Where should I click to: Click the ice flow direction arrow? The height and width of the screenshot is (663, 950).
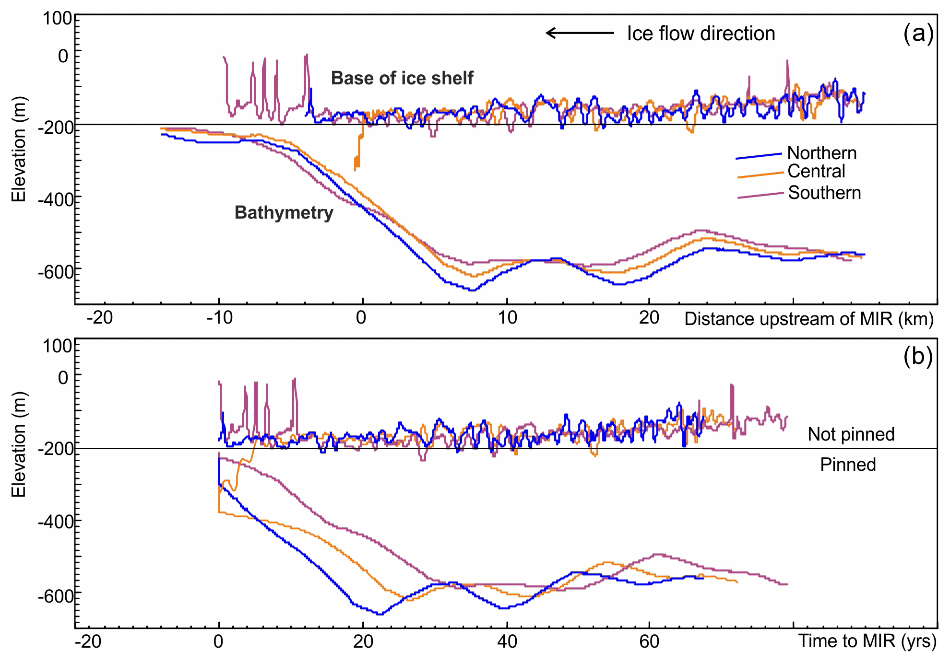(x=580, y=33)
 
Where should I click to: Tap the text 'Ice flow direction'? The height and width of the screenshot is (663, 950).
(x=701, y=34)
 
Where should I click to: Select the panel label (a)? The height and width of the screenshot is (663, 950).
(x=918, y=34)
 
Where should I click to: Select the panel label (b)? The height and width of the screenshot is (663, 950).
(x=917, y=357)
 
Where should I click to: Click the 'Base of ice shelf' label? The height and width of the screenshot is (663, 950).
(x=402, y=78)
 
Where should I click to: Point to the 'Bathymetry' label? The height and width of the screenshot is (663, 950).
(x=284, y=212)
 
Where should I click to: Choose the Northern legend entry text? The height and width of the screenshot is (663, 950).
(x=822, y=153)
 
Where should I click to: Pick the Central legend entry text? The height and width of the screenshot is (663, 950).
(x=816, y=171)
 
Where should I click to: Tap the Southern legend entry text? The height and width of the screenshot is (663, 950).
(x=824, y=193)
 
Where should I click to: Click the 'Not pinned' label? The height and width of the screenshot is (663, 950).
(x=851, y=434)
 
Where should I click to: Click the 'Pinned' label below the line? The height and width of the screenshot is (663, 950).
(x=848, y=465)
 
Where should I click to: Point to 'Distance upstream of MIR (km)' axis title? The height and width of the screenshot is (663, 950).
(x=809, y=319)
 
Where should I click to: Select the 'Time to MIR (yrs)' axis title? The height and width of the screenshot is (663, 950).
(x=867, y=641)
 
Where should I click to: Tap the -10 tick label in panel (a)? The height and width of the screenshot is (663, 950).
(x=219, y=317)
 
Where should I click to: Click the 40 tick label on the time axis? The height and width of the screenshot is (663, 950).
(x=507, y=641)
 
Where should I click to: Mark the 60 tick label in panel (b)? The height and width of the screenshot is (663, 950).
(x=649, y=641)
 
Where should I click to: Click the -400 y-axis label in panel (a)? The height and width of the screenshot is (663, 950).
(x=56, y=199)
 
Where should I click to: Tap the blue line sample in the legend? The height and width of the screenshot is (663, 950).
(x=759, y=156)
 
